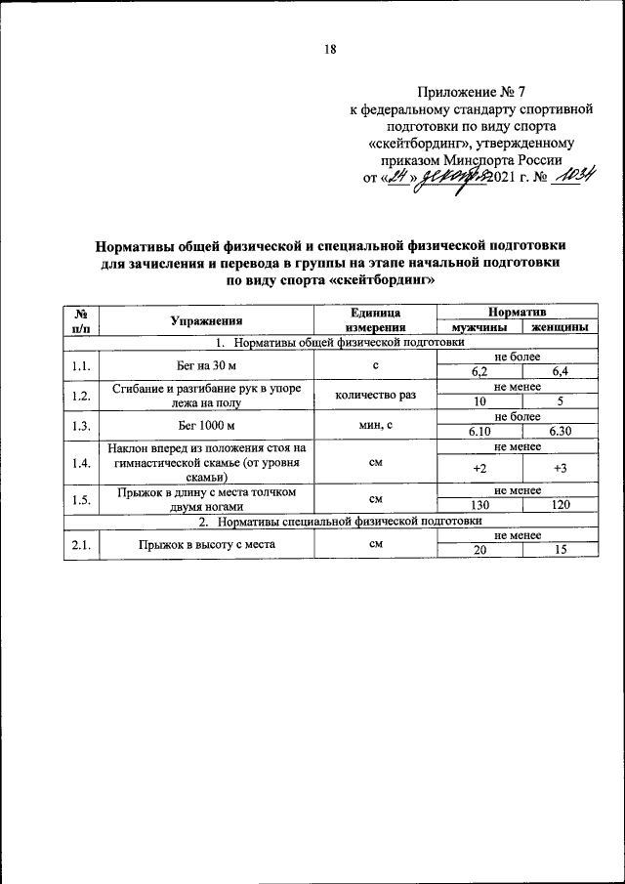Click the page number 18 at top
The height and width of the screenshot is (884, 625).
pyautogui.click(x=330, y=50)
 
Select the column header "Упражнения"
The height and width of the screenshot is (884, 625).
pyautogui.click(x=205, y=319)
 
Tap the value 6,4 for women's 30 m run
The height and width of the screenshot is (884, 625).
pyautogui.click(x=560, y=372)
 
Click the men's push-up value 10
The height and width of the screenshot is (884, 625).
pyautogui.click(x=479, y=401)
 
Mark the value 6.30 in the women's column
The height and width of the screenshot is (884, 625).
pyautogui.click(x=560, y=431)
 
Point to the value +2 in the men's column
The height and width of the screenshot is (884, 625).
pyautogui.click(x=479, y=468)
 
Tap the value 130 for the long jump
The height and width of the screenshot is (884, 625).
pyautogui.click(x=479, y=506)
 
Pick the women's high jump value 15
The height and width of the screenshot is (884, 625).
pyautogui.click(x=560, y=550)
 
